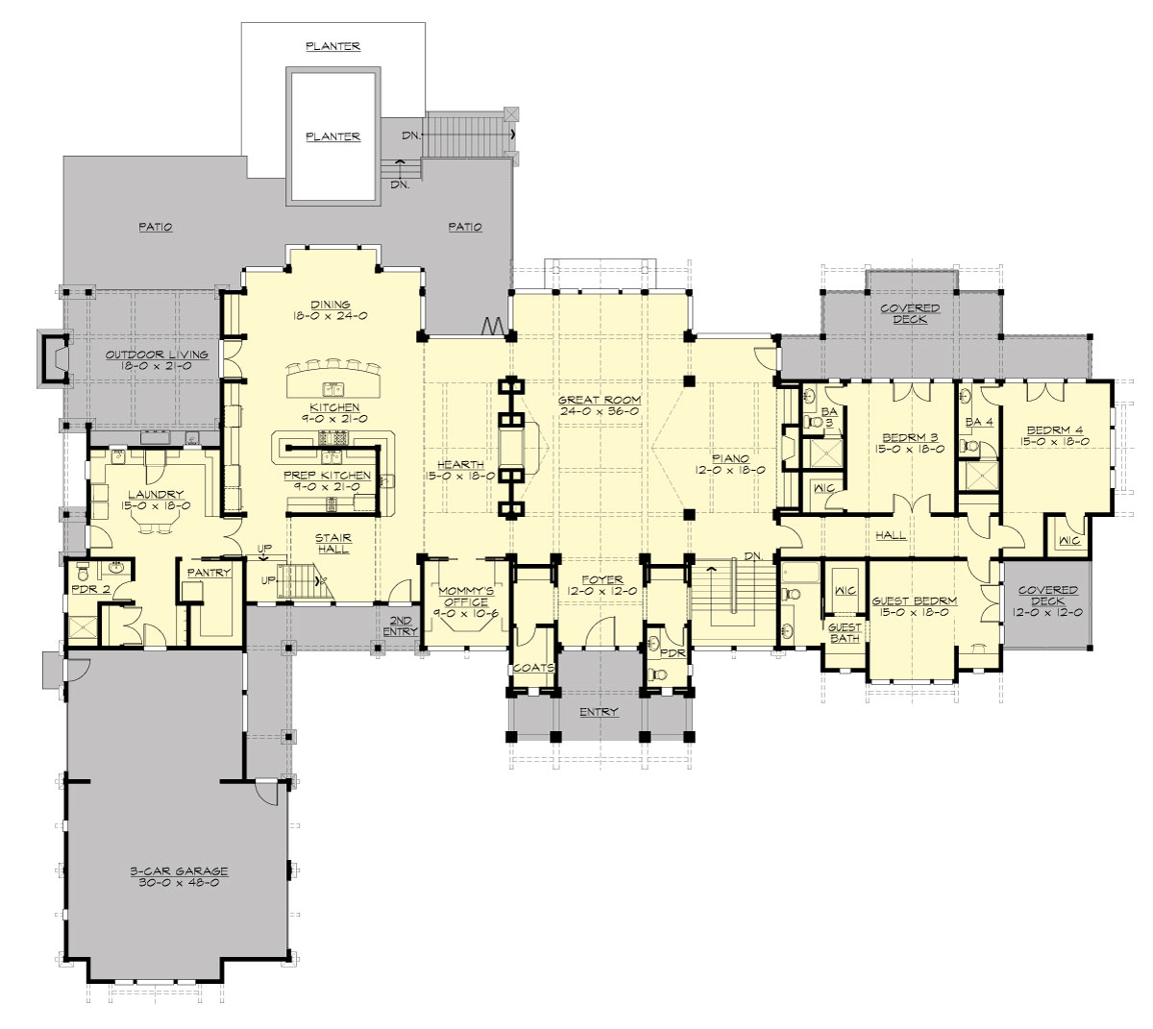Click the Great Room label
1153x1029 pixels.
pyautogui.click(x=600, y=400)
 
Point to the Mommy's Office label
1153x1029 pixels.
pyautogui.click(x=460, y=596)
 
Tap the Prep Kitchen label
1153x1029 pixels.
pyautogui.click(x=327, y=476)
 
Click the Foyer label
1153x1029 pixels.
pyautogui.click(x=601, y=579)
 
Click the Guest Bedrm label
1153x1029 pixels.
pyautogui.click(x=914, y=601)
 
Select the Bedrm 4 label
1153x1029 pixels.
pyautogui.click(x=1057, y=429)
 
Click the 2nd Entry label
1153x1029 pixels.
pyautogui.click(x=404, y=625)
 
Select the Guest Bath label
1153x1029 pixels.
pyautogui.click(x=845, y=632)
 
